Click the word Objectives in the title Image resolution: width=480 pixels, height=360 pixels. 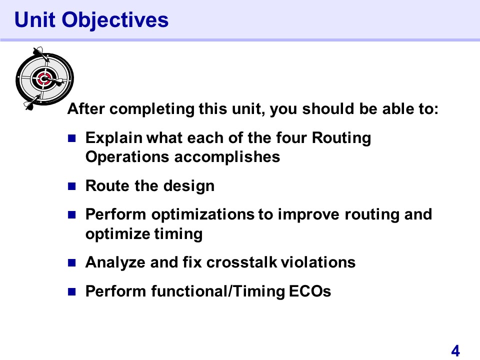(x=115, y=20)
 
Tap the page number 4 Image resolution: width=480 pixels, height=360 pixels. (x=455, y=351)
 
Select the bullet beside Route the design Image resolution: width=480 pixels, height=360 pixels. (x=71, y=186)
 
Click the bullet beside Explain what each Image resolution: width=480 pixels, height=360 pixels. (x=71, y=138)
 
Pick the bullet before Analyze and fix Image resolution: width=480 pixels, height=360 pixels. (x=71, y=262)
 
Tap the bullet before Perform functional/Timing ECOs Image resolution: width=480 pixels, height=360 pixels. (x=71, y=291)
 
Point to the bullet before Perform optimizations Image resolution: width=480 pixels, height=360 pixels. (x=71, y=215)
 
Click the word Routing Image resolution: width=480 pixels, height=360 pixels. (x=341, y=138)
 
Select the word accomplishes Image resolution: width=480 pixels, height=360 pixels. (x=227, y=157)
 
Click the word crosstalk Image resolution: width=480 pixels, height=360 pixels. (x=241, y=262)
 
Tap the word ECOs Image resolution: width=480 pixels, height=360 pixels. (x=310, y=291)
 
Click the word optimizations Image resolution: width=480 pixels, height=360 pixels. (x=202, y=214)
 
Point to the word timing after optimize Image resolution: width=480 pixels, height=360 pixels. (x=178, y=234)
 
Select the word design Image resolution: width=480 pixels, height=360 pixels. (x=189, y=186)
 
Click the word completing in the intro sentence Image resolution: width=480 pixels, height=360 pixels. (x=152, y=109)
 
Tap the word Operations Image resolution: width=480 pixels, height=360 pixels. (x=127, y=157)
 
